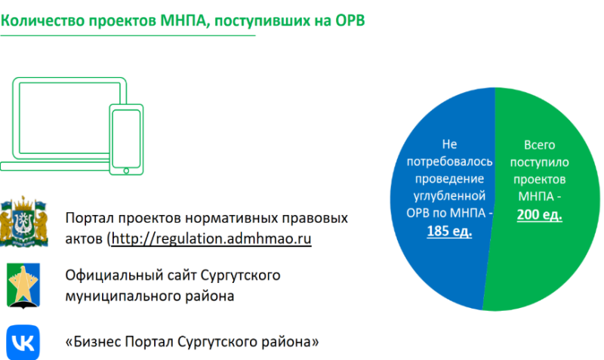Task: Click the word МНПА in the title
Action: [183, 20]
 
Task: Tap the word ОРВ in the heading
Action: [350, 20]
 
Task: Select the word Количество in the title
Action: [42, 20]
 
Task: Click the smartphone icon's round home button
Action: [126, 171]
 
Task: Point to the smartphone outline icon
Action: [126, 140]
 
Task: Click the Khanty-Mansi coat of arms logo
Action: [24, 221]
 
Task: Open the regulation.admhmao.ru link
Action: [211, 238]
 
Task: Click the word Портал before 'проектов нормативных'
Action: [89, 218]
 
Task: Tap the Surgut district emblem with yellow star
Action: [23, 286]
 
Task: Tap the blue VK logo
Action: [23, 343]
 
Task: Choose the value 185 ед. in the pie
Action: [449, 231]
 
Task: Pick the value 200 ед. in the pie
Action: [539, 214]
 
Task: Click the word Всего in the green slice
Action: [539, 145]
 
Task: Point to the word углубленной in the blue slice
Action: [449, 196]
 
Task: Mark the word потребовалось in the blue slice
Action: [449, 162]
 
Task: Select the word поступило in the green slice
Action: [539, 162]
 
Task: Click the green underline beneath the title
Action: [128, 35]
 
